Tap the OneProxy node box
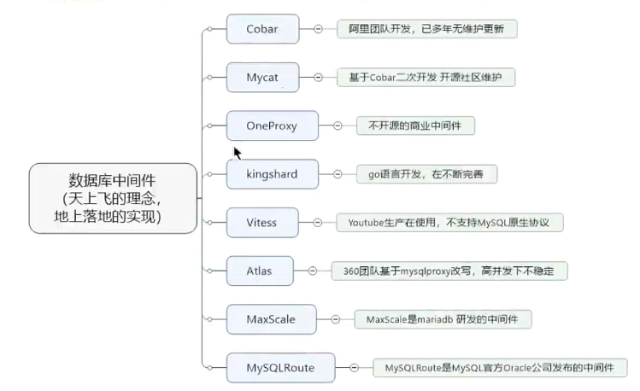point(272,125)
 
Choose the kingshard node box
point(273,174)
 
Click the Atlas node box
point(260,271)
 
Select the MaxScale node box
point(272,319)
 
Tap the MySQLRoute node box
point(280,368)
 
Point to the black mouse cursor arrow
point(237,152)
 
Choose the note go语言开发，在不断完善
point(426,174)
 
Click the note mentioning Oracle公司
point(500,368)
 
